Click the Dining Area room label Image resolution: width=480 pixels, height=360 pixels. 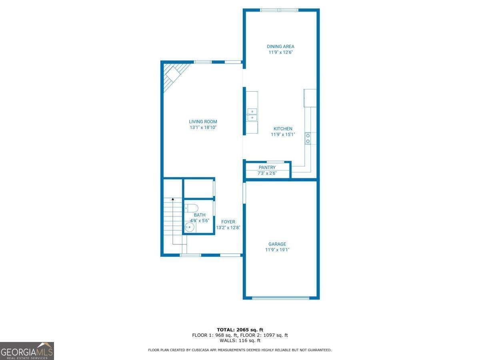[280, 46]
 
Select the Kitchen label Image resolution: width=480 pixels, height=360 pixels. [283, 129]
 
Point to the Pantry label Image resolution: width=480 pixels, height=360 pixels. [267, 168]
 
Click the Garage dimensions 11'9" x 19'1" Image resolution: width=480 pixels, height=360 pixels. [277, 250]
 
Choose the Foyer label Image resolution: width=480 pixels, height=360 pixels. [228, 222]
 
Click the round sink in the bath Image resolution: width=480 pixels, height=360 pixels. [189, 228]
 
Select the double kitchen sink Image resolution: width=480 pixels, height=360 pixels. [252, 114]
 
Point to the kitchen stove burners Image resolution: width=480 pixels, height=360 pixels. [308, 138]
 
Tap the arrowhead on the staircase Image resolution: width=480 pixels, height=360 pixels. [173, 199]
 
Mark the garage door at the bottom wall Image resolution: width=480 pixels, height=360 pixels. [281, 298]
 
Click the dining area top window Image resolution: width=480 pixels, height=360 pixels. [279, 10]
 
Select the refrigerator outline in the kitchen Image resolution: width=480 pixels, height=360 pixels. [310, 98]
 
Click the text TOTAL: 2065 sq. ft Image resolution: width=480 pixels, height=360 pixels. [240, 330]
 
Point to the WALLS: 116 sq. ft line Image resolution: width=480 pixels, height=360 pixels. [240, 341]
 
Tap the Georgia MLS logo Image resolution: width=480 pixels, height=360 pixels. [27, 351]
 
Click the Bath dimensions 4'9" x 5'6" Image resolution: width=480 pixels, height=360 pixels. [199, 220]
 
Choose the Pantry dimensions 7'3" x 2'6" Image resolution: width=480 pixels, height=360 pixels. [267, 173]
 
